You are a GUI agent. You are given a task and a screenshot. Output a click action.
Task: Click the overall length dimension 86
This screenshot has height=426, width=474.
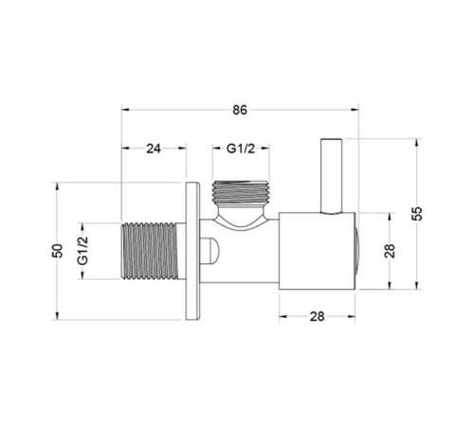point(240,110)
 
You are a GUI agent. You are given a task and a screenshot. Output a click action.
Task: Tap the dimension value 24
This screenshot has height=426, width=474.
point(154,148)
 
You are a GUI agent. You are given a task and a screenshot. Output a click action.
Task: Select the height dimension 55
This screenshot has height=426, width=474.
point(417,214)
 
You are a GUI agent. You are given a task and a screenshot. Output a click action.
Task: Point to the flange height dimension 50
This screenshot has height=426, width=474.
point(58,251)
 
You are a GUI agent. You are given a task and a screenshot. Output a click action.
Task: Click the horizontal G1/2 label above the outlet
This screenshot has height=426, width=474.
point(241,148)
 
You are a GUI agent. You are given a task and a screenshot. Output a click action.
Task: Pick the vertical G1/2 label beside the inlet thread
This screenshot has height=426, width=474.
point(82,251)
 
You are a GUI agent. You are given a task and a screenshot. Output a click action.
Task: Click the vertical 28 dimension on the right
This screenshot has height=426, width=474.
point(391,251)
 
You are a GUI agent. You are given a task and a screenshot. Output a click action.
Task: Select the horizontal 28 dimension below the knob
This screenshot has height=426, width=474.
point(317,316)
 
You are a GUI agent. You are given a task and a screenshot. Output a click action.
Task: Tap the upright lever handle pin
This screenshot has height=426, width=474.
point(331,176)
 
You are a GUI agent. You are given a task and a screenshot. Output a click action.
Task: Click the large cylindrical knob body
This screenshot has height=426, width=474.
point(317,251)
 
